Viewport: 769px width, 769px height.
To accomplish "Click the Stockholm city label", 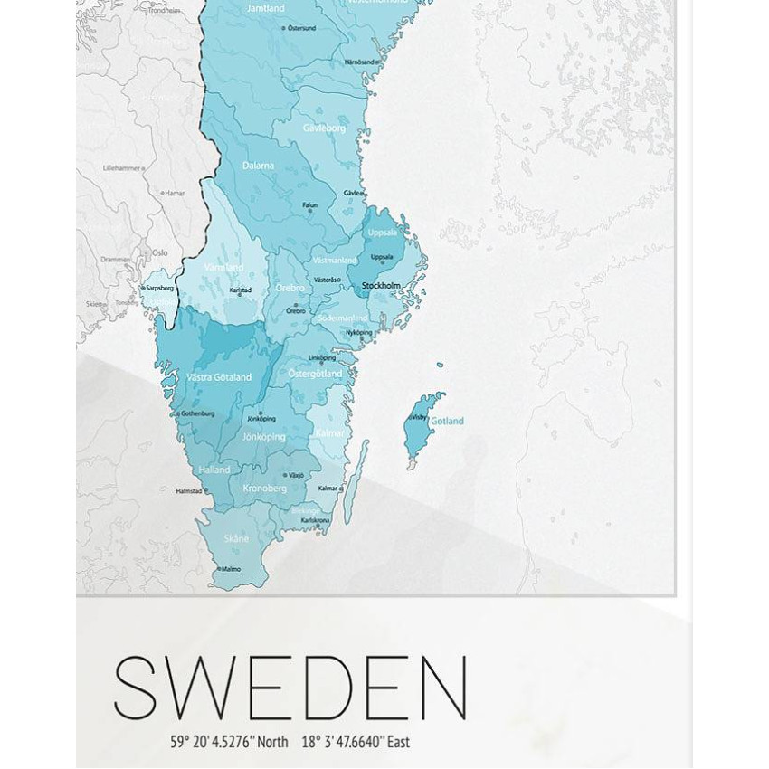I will click(x=381, y=286).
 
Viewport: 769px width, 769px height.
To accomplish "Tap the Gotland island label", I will click(x=447, y=422).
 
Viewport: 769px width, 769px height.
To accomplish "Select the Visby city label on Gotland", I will click(x=419, y=418).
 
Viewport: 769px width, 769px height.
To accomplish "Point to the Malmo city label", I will click(x=231, y=569).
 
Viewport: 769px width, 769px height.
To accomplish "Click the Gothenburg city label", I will click(x=197, y=413).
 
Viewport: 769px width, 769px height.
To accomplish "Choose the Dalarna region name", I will click(x=258, y=166).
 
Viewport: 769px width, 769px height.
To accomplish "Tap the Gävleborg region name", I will click(x=324, y=128).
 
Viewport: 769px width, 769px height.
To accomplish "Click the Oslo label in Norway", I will click(x=160, y=253).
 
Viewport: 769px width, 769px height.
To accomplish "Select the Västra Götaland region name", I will click(x=219, y=377).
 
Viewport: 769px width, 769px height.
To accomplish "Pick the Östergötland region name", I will click(x=315, y=374).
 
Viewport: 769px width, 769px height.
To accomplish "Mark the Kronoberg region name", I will click(x=264, y=489).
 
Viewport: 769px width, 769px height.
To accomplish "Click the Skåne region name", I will click(x=236, y=538).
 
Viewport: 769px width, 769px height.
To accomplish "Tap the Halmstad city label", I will click(x=190, y=491).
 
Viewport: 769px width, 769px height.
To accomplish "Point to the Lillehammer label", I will click(x=122, y=168).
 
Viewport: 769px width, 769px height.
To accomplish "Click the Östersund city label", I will click(x=301, y=28).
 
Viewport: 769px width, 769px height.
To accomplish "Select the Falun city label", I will click(x=310, y=206).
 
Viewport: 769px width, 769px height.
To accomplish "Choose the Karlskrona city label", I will click(x=316, y=521).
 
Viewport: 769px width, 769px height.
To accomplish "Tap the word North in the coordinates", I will click(x=272, y=742).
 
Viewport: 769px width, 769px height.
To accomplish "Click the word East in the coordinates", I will click(x=398, y=742).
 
